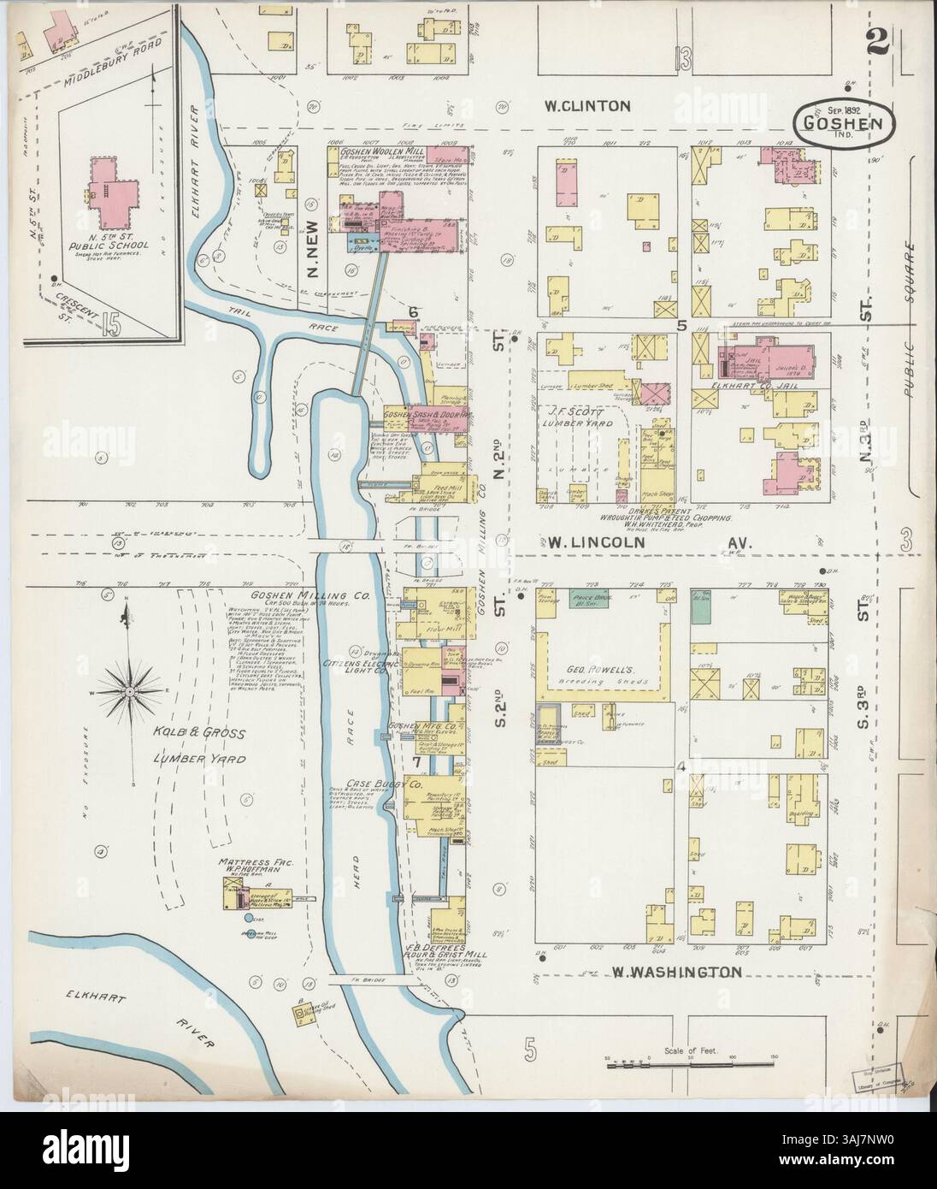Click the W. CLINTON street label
click(588, 106)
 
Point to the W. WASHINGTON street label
click(676, 972)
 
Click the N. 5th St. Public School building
click(109, 189)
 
